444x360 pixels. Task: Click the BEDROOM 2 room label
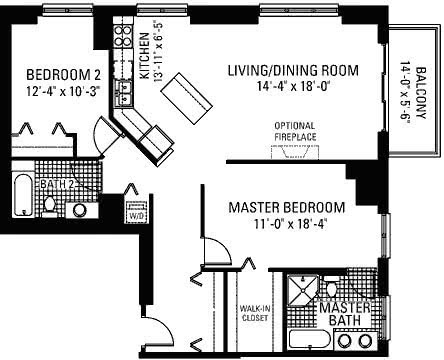pyautogui.click(x=63, y=75)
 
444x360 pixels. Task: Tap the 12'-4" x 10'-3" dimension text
pyautogui.click(x=63, y=91)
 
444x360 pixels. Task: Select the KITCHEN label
pyautogui.click(x=144, y=56)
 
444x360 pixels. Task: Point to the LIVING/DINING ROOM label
pyautogui.click(x=293, y=71)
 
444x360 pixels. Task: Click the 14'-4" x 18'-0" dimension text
pyautogui.click(x=293, y=87)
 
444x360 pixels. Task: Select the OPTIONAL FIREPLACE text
pyautogui.click(x=295, y=131)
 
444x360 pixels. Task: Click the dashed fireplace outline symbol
pyautogui.click(x=295, y=153)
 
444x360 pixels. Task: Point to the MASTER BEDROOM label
pyautogui.click(x=287, y=207)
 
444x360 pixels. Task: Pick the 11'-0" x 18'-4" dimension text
pyautogui.click(x=289, y=224)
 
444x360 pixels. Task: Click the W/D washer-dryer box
pyautogui.click(x=136, y=212)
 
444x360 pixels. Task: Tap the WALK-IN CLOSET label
pyautogui.click(x=255, y=313)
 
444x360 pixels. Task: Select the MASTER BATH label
pyautogui.click(x=345, y=314)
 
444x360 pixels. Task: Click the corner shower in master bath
pyautogui.click(x=303, y=290)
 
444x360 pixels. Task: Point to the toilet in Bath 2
pyautogui.click(x=50, y=206)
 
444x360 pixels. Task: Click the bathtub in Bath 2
pyautogui.click(x=23, y=195)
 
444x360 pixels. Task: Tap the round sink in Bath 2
pyautogui.click(x=80, y=210)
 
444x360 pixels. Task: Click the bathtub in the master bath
pyautogui.click(x=309, y=340)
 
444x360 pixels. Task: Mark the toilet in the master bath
pyautogui.click(x=332, y=287)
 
